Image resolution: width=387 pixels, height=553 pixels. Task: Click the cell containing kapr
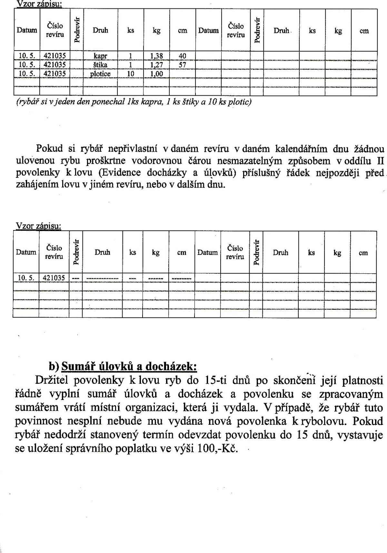pyautogui.click(x=100, y=56)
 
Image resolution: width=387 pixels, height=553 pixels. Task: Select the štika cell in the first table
pyautogui.click(x=100, y=65)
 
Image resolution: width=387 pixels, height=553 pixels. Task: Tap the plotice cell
pyautogui.click(x=100, y=74)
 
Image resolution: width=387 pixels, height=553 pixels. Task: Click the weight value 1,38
pyautogui.click(x=157, y=56)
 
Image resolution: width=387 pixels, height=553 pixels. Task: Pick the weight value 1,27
pyautogui.click(x=157, y=65)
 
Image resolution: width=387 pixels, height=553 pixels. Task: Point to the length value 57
pyautogui.click(x=183, y=65)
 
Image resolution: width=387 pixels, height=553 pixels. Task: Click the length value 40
pyautogui.click(x=183, y=56)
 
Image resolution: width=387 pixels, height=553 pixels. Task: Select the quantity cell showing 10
pyautogui.click(x=131, y=74)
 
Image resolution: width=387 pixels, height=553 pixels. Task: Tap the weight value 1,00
pyautogui.click(x=157, y=74)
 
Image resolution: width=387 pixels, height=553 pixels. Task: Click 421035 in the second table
pyautogui.click(x=54, y=277)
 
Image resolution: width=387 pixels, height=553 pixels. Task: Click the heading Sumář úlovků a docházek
pyautogui.click(x=129, y=367)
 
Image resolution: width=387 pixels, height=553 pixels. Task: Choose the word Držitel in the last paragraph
pyautogui.click(x=52, y=381)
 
